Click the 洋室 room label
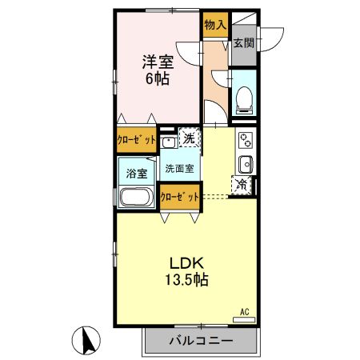(158, 60)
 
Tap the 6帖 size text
(158, 78)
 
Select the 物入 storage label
(214, 26)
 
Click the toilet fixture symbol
(244, 99)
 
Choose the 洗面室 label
(178, 169)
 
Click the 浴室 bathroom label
(136, 173)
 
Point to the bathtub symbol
(138, 197)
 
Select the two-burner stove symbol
(246, 142)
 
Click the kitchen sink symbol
(246, 165)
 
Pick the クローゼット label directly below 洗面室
(179, 197)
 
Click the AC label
(245, 311)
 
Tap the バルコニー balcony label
(201, 341)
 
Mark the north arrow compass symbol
(89, 341)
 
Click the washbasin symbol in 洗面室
(169, 142)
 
